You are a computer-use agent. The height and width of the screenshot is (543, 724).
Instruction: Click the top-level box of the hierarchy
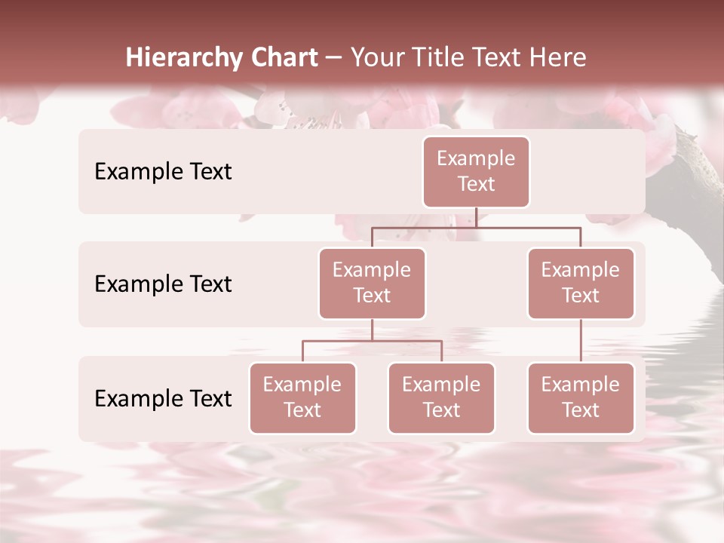(476, 172)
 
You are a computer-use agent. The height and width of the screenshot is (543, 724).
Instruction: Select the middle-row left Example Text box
(372, 284)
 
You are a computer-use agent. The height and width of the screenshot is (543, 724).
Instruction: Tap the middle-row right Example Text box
(581, 284)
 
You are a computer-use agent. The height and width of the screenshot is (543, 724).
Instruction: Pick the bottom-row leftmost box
(302, 398)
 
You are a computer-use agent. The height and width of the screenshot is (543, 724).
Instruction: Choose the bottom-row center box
(441, 398)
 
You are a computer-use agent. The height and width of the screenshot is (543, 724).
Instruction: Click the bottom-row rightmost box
(581, 398)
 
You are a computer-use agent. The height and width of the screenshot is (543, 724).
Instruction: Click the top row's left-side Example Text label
(163, 172)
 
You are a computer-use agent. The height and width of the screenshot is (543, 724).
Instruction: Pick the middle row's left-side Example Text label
(163, 284)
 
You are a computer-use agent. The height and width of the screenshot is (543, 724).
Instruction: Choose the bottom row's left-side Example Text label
(163, 399)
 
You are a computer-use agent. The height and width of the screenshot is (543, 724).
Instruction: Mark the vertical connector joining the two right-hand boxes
(581, 341)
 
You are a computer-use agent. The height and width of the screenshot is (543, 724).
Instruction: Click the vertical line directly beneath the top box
(476, 217)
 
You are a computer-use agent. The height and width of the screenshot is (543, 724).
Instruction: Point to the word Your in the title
(376, 58)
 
